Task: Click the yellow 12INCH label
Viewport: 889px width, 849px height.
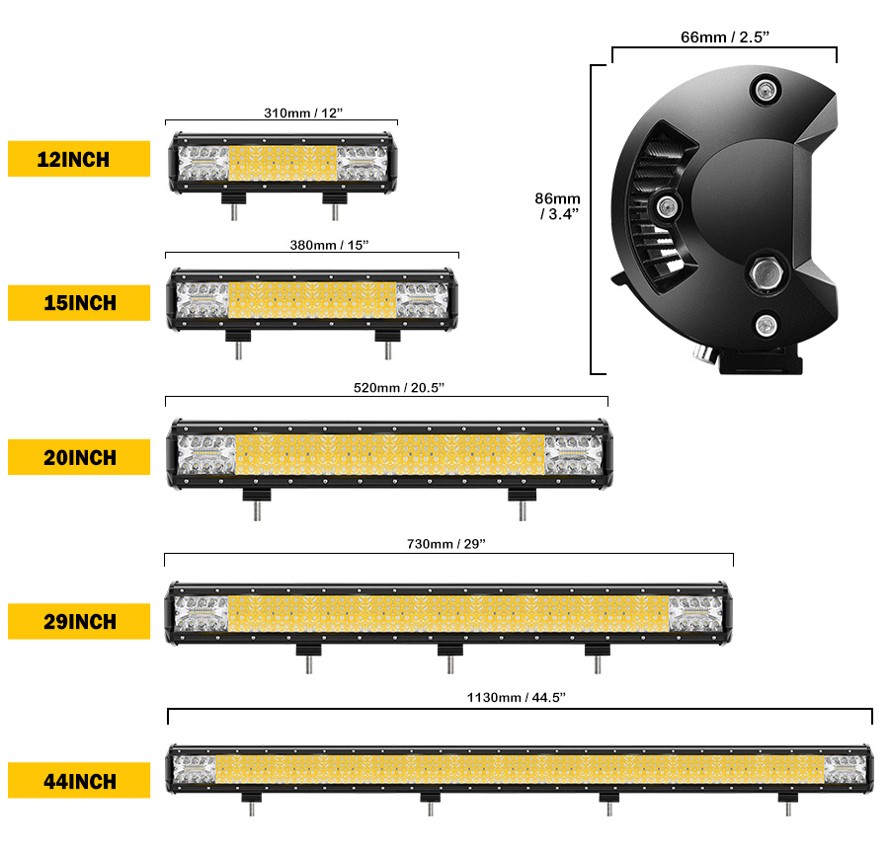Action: tap(79, 159)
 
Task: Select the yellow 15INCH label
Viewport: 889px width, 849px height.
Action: tap(79, 303)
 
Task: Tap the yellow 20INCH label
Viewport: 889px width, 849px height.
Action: tap(79, 457)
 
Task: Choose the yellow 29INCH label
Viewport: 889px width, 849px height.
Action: tap(79, 622)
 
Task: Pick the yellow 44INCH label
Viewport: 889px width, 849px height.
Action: tap(79, 781)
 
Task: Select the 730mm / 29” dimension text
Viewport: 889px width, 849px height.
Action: tap(447, 544)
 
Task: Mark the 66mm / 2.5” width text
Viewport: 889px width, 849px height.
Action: tap(725, 38)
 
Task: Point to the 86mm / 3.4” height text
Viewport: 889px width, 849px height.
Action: tap(559, 204)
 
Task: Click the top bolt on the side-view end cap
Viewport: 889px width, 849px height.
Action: tap(765, 93)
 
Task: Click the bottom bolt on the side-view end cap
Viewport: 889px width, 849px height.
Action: tap(766, 325)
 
